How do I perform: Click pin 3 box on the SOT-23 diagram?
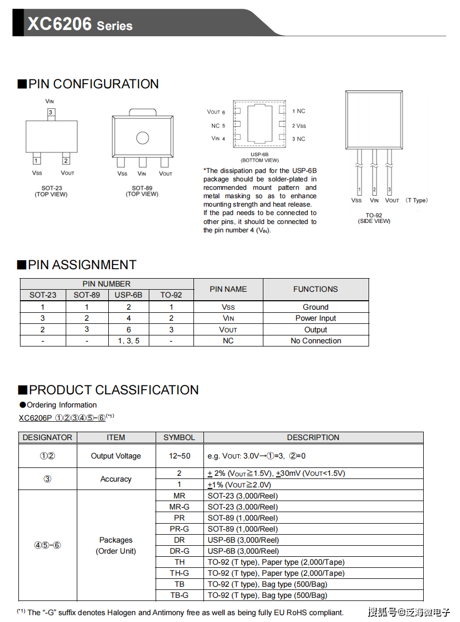point(50,113)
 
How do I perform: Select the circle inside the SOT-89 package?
point(142,138)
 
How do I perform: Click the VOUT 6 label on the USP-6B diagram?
point(216,112)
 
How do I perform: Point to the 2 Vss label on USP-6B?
point(299,126)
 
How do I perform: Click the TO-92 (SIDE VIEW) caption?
point(374,218)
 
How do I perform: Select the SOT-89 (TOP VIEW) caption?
point(142,191)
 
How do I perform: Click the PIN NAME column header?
point(228,289)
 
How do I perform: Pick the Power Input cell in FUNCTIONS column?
point(315,318)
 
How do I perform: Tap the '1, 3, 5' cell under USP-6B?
point(129,341)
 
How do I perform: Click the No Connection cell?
point(315,341)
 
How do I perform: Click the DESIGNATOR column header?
point(47,437)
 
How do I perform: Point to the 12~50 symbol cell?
point(179,456)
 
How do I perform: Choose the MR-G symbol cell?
point(179,507)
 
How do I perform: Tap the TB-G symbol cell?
point(179,595)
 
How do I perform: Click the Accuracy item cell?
point(116,479)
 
